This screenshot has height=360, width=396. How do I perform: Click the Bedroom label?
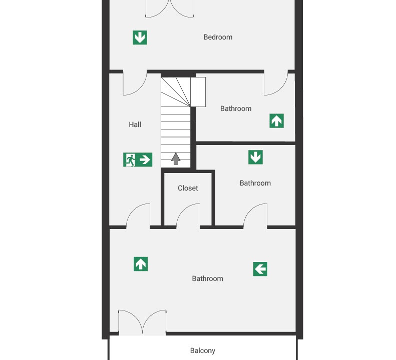(x=218, y=37)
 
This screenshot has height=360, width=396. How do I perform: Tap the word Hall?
(x=135, y=124)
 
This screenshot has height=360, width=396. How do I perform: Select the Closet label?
(x=188, y=188)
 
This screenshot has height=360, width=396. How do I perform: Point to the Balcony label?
(x=203, y=350)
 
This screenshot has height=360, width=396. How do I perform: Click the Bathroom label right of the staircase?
(x=236, y=108)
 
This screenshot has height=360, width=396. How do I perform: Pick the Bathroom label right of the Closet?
(x=255, y=183)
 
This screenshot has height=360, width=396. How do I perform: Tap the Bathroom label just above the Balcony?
(x=207, y=278)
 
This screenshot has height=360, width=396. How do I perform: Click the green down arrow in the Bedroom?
(x=140, y=37)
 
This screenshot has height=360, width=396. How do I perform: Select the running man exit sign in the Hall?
(x=138, y=159)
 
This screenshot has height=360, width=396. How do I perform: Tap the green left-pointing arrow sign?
(x=260, y=269)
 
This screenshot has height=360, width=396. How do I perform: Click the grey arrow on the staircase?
(x=176, y=158)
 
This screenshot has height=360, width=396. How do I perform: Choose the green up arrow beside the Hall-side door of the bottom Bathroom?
(x=141, y=264)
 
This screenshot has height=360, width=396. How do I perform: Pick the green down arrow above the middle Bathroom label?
(x=255, y=157)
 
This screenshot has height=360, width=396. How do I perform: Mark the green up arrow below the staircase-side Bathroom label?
(x=276, y=121)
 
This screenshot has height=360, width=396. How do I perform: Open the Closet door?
(x=188, y=214)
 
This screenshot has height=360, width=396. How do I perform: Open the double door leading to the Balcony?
(x=143, y=322)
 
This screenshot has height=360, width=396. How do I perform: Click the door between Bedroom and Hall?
(x=135, y=84)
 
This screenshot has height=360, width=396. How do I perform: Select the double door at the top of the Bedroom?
(x=169, y=9)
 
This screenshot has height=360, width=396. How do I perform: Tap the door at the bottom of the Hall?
(x=138, y=214)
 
